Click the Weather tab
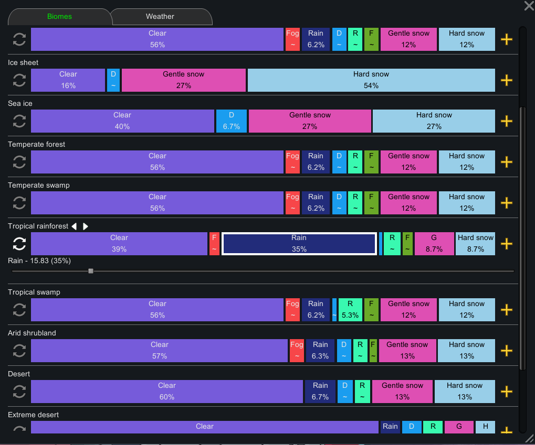pyautogui.click(x=160, y=16)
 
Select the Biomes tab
pyautogui.click(x=59, y=16)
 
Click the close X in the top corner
pyautogui.click(x=529, y=5)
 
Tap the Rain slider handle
pyautogui.click(x=91, y=271)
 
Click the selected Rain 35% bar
pyautogui.click(x=299, y=244)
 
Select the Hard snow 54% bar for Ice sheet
pyautogui.click(x=371, y=80)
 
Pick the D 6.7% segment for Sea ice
pyautogui.click(x=232, y=121)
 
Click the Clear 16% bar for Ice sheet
pyautogui.click(x=68, y=80)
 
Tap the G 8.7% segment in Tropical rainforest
pyautogui.click(x=434, y=244)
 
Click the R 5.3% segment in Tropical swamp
pyautogui.click(x=350, y=310)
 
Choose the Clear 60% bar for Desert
pyautogui.click(x=167, y=392)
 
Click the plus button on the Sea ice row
pyautogui.click(x=507, y=121)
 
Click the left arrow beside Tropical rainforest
pyautogui.click(x=74, y=226)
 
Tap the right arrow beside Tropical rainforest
pyautogui.click(x=85, y=226)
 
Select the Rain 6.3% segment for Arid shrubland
pyautogui.click(x=320, y=351)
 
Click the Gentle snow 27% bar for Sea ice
pyautogui.click(x=310, y=121)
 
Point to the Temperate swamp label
pyautogui.click(x=38, y=185)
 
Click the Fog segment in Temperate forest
pyautogui.click(x=292, y=162)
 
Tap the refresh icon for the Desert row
pyautogui.click(x=19, y=392)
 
